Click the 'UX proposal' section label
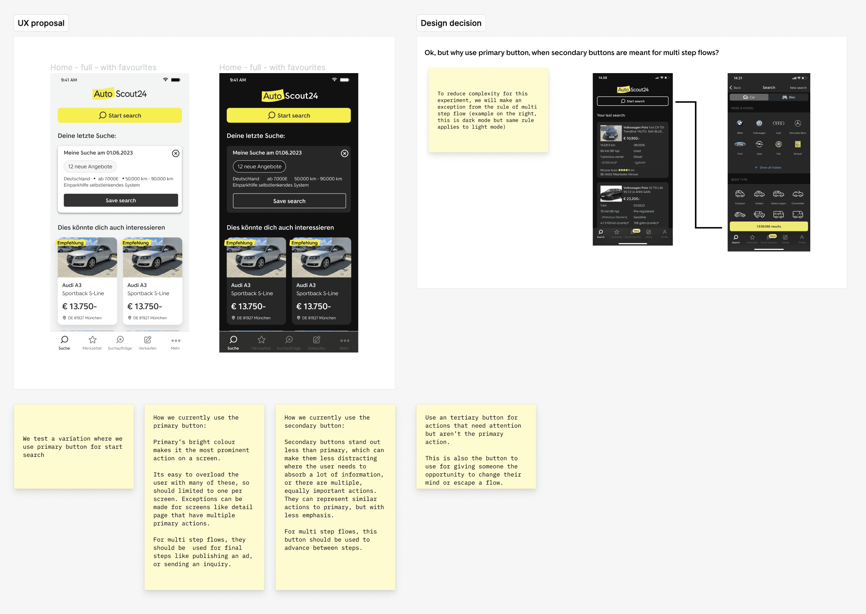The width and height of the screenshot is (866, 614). tap(41, 23)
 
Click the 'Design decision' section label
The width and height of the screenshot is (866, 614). tap(450, 23)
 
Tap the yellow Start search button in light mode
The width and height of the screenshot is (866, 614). tap(119, 115)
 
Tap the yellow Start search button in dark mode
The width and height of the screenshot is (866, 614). tap(288, 115)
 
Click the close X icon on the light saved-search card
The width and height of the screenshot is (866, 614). tap(176, 153)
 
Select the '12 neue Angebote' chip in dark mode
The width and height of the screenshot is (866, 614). tap(259, 166)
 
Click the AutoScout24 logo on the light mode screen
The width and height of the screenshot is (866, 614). tap(119, 94)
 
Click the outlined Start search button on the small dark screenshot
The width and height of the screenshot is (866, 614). tap(633, 101)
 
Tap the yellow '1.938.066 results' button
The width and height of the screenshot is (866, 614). tap(768, 227)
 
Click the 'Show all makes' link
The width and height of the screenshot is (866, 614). tap(768, 167)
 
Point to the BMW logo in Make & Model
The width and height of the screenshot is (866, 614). tap(740, 123)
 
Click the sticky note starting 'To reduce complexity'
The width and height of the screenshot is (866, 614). tap(488, 110)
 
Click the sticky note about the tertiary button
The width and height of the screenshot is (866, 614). tap(476, 447)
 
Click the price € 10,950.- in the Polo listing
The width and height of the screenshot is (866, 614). tap(631, 138)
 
